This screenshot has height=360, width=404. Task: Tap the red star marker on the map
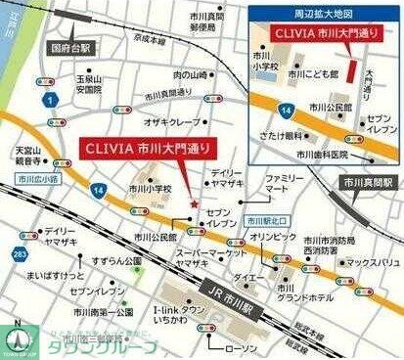196,202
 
